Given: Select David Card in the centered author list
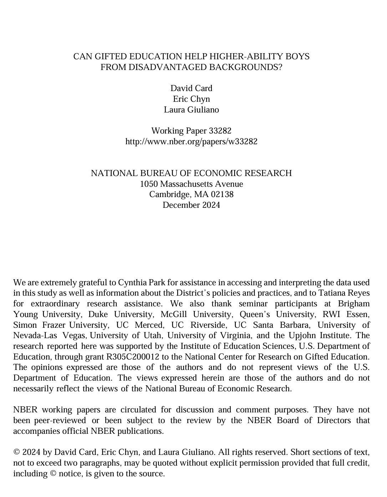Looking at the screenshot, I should click(191, 88).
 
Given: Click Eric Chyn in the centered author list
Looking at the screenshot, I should click(191, 99).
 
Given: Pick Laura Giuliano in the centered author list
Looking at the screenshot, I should click(191, 110).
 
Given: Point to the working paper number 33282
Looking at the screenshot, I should click(220, 131).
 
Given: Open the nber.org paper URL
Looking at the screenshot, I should click(191, 141).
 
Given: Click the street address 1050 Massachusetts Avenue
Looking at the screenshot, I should click(191, 184).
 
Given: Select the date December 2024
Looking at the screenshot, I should click(191, 205).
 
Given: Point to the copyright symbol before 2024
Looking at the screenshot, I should click(16, 452).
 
